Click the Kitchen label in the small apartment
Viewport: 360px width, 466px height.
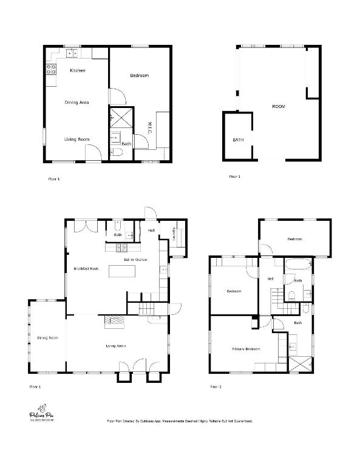coord(77,70)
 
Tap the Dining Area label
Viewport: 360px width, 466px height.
coord(77,103)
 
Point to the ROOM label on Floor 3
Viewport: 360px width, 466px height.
coord(278,107)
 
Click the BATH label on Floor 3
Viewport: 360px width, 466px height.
coord(238,140)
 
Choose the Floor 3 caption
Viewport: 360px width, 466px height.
coord(234,177)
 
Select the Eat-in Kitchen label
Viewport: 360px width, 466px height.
coord(136,260)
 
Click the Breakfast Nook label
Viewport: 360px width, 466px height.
coord(86,268)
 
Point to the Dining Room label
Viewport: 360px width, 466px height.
coord(47,338)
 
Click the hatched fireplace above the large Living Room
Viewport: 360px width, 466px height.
coord(114,321)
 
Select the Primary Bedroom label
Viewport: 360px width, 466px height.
coord(246,349)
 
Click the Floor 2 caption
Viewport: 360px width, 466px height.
coord(216,387)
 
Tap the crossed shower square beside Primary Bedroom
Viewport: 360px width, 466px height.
coord(301,364)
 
